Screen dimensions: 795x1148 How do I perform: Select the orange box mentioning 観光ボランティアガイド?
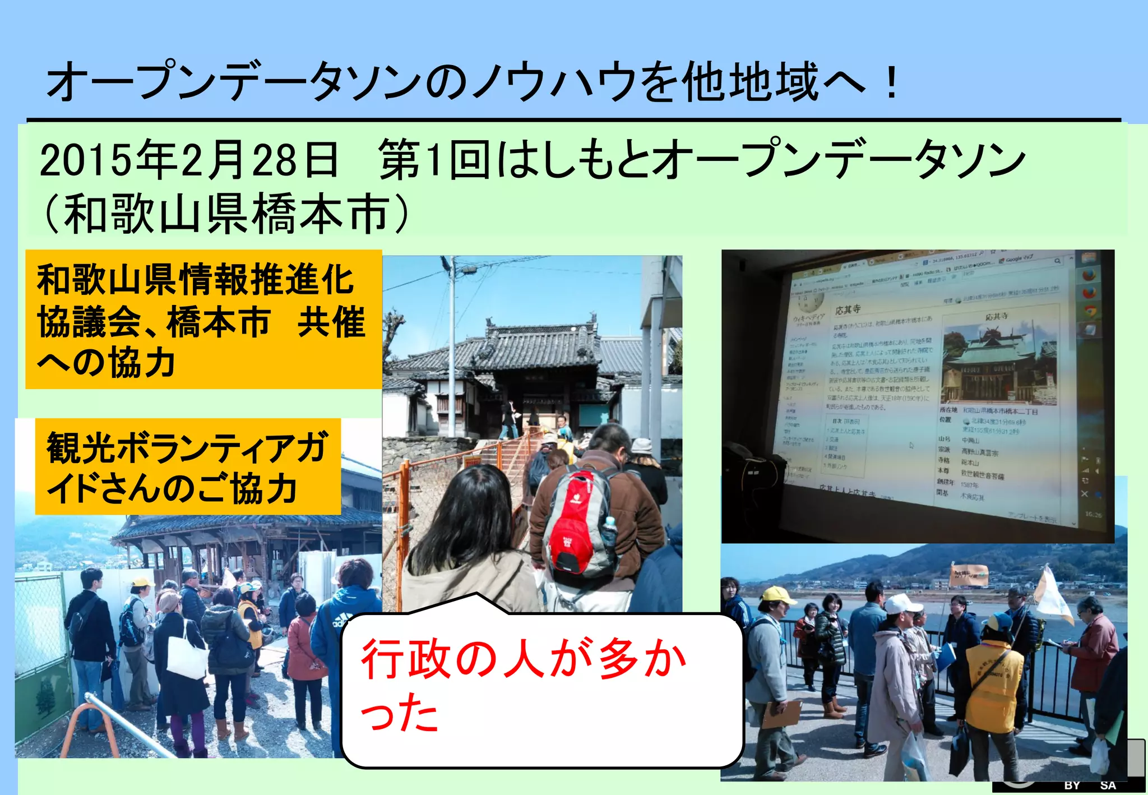click(x=188, y=466)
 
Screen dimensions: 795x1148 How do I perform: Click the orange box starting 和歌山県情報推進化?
click(x=203, y=320)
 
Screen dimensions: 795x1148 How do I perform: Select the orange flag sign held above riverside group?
click(x=969, y=575)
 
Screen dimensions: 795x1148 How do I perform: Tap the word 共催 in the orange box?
click(x=331, y=322)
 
